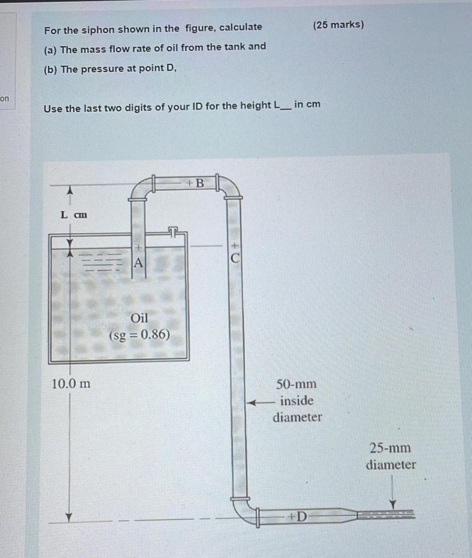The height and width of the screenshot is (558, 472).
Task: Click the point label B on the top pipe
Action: pyautogui.click(x=199, y=183)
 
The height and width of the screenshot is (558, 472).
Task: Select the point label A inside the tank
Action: pyautogui.click(x=138, y=263)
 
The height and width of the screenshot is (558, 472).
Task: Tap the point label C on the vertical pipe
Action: pyautogui.click(x=235, y=258)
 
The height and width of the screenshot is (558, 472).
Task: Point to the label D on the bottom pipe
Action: pyautogui.click(x=301, y=517)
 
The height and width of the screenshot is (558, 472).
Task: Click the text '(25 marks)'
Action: pyautogui.click(x=338, y=24)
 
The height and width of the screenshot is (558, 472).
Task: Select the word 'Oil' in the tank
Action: pyautogui.click(x=139, y=318)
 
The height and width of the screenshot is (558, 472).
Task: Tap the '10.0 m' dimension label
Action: pyautogui.click(x=71, y=384)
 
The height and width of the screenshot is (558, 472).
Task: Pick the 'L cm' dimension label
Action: pyautogui.click(x=74, y=215)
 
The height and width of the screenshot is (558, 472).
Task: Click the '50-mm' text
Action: pyautogui.click(x=296, y=384)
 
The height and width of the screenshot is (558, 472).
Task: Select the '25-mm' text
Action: pyautogui.click(x=390, y=448)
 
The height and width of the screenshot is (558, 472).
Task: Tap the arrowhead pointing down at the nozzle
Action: pyautogui.click(x=392, y=504)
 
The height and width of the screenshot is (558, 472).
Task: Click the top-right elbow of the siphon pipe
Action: pyautogui.click(x=230, y=188)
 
